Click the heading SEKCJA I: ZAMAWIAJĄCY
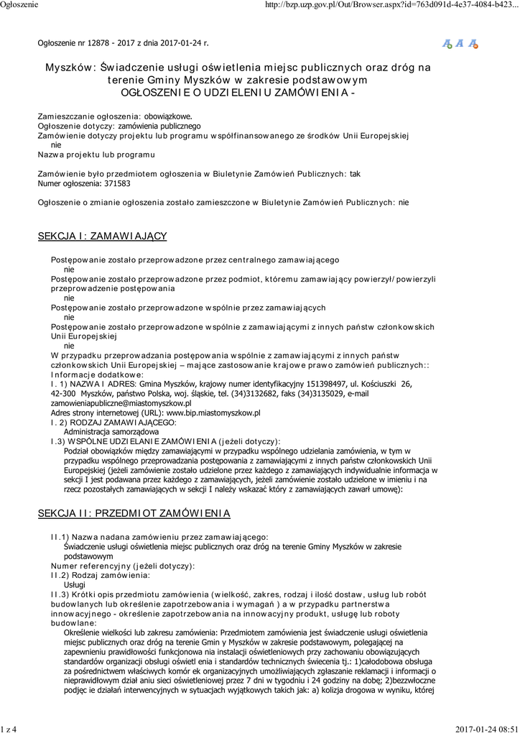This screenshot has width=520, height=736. pyautogui.click(x=102, y=236)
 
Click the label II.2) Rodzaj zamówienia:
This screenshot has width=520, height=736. pyautogui.click(x=100, y=576)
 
